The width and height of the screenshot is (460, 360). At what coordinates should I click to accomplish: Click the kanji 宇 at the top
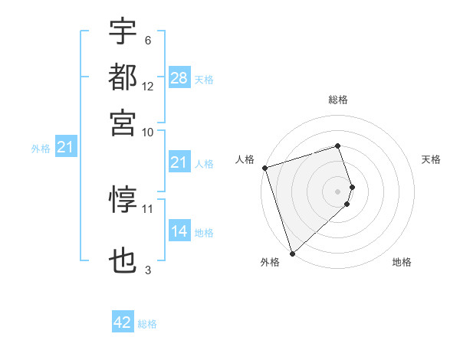coord(123,33)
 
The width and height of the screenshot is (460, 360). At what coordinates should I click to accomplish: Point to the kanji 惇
coord(123,200)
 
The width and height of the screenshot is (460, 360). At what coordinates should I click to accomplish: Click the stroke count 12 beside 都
coord(148,86)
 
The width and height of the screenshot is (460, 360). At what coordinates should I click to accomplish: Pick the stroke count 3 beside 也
coord(148,270)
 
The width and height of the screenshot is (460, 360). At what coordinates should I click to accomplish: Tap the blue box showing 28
coord(179,78)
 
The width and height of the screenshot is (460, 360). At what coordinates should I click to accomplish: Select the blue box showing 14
coord(179,231)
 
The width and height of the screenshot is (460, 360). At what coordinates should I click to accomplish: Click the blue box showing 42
coord(123,322)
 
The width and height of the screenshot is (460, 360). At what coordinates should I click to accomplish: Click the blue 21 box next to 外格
coord(64,148)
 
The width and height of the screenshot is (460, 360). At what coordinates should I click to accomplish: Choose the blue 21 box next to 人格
coord(179,162)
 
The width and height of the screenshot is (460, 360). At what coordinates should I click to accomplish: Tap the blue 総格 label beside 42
coord(147,324)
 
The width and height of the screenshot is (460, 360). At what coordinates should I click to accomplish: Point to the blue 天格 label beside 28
coord(204,80)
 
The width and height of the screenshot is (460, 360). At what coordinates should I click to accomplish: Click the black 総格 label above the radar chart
coord(338,100)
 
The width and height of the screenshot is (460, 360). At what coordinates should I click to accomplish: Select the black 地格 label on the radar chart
coord(402,262)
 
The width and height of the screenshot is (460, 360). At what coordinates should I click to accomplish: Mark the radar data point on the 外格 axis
coord(292,253)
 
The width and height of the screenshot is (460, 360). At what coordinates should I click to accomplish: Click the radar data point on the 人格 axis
coord(264,168)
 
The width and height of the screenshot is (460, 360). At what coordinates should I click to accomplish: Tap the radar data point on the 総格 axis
coord(338,146)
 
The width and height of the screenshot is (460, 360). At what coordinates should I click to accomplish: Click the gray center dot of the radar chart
coord(338,191)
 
